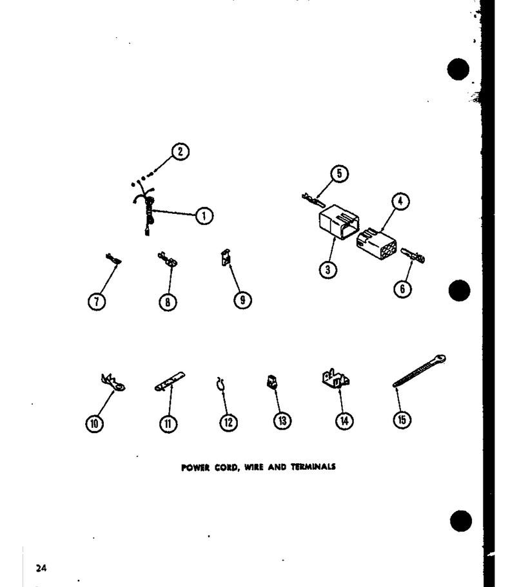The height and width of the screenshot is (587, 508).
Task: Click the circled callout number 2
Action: pyautogui.click(x=181, y=151)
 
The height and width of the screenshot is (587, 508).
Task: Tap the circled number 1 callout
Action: pyautogui.click(x=204, y=216)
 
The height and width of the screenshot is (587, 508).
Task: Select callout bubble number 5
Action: pyautogui.click(x=339, y=174)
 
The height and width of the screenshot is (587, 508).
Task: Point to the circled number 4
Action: pyautogui.click(x=400, y=202)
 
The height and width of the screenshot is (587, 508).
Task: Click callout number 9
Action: pyautogui.click(x=242, y=300)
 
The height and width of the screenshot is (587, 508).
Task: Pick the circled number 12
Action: pyautogui.click(x=228, y=422)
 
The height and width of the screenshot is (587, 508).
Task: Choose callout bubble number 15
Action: pyautogui.click(x=402, y=419)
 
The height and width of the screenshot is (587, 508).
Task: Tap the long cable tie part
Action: pyautogui.click(x=419, y=371)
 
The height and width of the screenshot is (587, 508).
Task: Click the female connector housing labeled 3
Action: pyautogui.click(x=338, y=221)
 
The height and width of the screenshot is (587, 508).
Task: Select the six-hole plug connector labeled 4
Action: pyautogui.click(x=376, y=244)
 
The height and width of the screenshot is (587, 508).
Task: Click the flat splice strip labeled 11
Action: pyautogui.click(x=170, y=381)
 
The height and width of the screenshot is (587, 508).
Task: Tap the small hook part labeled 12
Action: pyautogui.click(x=220, y=384)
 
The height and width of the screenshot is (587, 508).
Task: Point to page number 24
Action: pyautogui.click(x=41, y=568)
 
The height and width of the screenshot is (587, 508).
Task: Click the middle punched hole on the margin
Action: pyautogui.click(x=459, y=291)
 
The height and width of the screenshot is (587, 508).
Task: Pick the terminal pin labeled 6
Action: pyautogui.click(x=413, y=255)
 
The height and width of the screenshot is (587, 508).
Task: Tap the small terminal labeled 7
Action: pyautogui.click(x=113, y=259)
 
